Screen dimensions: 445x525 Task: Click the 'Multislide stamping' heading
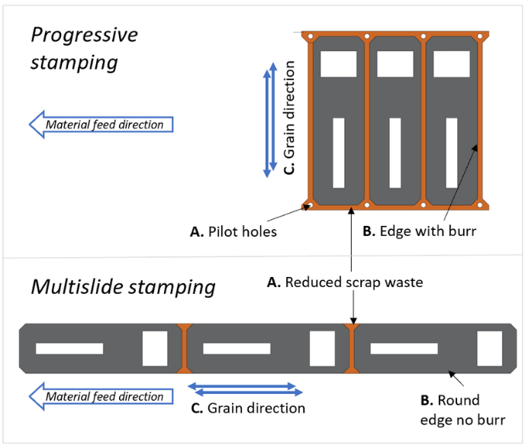tap(122, 287)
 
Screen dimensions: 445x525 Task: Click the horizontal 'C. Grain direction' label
tap(248, 408)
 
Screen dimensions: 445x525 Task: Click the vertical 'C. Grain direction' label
tap(289, 122)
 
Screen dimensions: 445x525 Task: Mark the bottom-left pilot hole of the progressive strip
tap(308, 205)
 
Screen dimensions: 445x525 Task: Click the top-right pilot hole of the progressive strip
tap(481, 36)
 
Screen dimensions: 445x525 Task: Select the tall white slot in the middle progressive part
tap(395, 153)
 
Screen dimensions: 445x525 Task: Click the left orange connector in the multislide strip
tap(182, 348)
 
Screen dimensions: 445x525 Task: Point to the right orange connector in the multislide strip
tap(351, 348)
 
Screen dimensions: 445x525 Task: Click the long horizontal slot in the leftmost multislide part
tap(69, 349)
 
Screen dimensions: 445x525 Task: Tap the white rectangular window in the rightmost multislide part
tap(488, 348)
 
